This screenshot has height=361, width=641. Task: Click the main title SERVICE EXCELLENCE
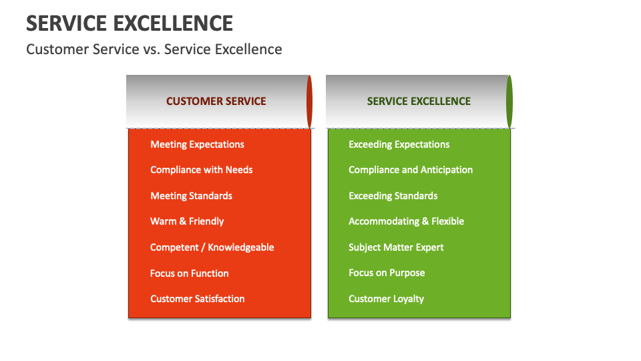coord(130,23)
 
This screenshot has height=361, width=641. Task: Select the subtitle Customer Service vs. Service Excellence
coord(154,49)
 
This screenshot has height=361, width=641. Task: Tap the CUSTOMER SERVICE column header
coord(216,102)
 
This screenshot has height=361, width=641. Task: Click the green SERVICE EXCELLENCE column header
coord(419,102)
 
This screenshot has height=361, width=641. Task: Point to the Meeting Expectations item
coord(197,144)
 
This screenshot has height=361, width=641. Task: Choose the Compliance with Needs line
coord(201,170)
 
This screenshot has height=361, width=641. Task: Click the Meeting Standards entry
coord(191,196)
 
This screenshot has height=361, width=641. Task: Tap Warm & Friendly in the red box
coord(187,221)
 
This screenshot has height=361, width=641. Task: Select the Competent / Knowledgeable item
coord(212,247)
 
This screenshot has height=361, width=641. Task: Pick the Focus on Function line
coord(189,273)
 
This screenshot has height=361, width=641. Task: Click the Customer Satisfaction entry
coord(197,299)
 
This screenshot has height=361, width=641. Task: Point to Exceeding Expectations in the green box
coord(399,144)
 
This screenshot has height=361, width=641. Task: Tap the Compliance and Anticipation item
coord(410,170)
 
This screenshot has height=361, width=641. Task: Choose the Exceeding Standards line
coord(393,196)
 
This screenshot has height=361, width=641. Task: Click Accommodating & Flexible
coord(406,221)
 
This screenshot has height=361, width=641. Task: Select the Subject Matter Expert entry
coord(396,247)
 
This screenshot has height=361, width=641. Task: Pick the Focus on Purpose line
coord(387,273)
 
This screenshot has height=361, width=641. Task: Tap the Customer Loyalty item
coord(386,299)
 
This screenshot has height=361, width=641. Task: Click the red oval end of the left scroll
coord(310,102)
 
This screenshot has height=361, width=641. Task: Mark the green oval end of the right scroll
coord(509,102)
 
